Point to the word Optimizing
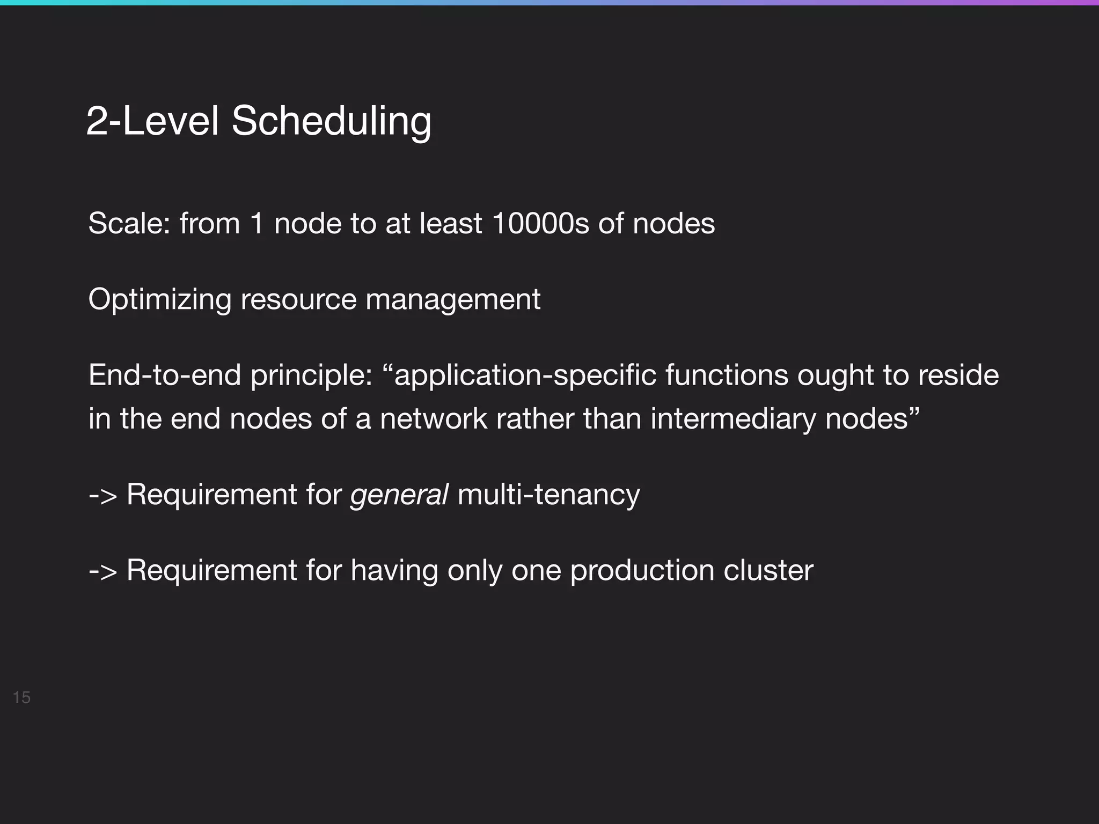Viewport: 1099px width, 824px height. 159,299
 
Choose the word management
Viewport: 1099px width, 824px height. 453,299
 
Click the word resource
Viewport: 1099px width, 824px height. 298,299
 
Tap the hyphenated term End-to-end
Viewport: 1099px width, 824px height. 165,375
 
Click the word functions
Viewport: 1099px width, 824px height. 727,375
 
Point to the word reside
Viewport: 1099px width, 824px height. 958,375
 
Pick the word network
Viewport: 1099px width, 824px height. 434,419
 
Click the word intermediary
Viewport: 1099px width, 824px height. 733,419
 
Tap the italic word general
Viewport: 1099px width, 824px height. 399,495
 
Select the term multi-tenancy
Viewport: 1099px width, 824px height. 548,495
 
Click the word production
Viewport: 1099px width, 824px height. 642,570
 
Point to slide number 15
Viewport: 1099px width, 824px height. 21,697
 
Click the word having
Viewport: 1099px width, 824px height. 394,570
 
